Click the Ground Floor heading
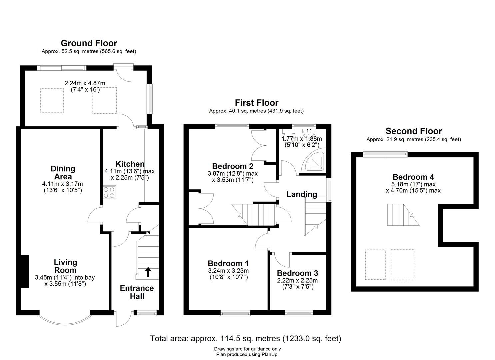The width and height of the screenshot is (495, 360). click(89, 43)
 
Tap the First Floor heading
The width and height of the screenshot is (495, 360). click(256, 102)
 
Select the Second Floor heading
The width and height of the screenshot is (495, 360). click(413, 131)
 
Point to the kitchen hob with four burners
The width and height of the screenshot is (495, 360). click(109, 193)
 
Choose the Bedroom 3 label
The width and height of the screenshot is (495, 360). click(297, 273)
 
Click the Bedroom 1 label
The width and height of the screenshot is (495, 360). click(228, 264)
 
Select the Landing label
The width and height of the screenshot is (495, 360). click(302, 194)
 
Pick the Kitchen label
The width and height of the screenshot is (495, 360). click(130, 164)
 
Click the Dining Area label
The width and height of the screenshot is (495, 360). click(63, 172)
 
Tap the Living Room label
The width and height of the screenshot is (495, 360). click(65, 266)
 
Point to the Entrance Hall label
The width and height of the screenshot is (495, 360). click(137, 292)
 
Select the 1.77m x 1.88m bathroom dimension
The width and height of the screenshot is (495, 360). click(302, 139)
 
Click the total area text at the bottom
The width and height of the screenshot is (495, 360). click(246, 339)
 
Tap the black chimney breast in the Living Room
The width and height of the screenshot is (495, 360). click(24, 271)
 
